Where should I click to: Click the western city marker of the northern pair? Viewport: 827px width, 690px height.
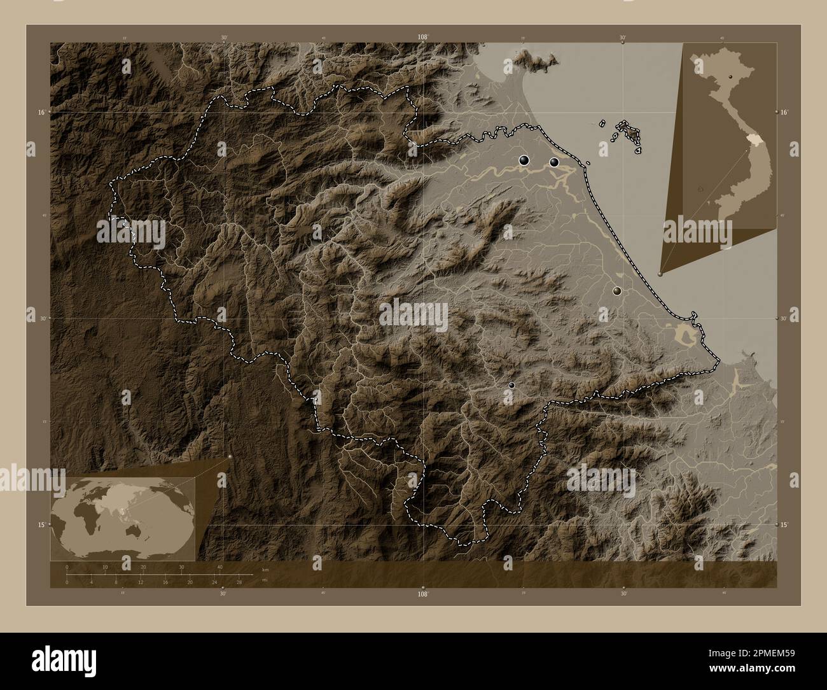tap(524, 161)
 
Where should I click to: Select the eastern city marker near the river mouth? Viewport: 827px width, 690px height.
tap(555, 162)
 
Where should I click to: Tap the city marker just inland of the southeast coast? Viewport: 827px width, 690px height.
tap(616, 290)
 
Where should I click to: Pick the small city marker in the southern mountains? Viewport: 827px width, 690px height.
tap(511, 385)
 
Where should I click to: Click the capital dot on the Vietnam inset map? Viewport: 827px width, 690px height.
tap(731, 76)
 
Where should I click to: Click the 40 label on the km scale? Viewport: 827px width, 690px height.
tap(220, 567)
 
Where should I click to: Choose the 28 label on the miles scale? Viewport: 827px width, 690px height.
tap(239, 582)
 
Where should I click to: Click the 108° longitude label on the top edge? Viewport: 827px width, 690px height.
tap(422, 37)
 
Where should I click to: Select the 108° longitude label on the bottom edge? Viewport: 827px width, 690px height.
tap(422, 594)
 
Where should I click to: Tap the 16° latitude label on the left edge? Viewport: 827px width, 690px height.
tap(41, 112)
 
